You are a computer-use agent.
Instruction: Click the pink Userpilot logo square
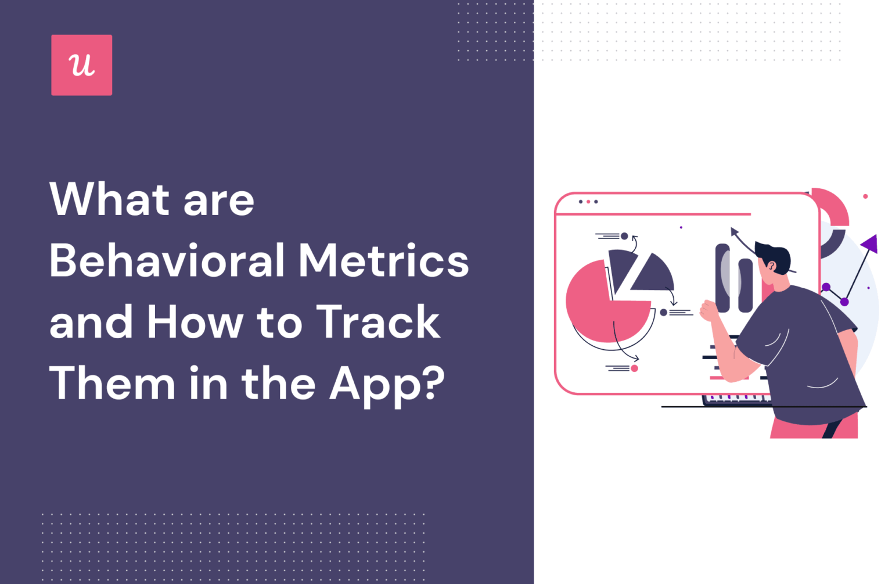tap(81, 65)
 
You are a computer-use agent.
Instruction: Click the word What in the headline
tap(110, 200)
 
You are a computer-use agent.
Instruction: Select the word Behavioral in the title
tap(167, 261)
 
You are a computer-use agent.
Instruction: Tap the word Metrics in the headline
tap(383, 261)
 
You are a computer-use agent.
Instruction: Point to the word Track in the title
tap(378, 323)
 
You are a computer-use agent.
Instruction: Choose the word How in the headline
tap(195, 323)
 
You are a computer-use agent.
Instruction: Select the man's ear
tap(772, 267)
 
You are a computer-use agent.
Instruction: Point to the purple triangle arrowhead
tap(869, 243)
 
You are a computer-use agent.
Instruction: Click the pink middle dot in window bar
tap(588, 202)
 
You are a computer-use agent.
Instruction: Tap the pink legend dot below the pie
tap(634, 368)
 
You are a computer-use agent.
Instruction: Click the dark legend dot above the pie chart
tap(624, 236)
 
